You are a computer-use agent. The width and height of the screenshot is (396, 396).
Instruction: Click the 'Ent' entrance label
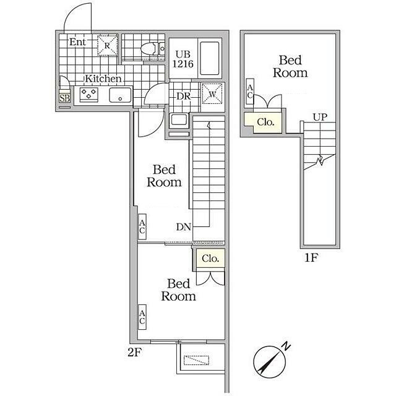click(77, 42)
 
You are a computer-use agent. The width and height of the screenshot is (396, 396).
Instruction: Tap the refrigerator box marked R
click(108, 45)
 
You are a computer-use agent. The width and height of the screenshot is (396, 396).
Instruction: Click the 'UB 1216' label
click(183, 59)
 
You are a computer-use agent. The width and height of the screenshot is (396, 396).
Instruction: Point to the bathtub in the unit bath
click(209, 58)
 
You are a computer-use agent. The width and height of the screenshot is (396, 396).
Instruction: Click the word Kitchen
click(103, 79)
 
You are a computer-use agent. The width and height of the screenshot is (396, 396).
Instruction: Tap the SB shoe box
click(64, 98)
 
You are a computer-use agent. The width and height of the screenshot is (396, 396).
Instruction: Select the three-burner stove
click(89, 94)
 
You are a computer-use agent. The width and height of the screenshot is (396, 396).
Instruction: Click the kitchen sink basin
click(120, 95)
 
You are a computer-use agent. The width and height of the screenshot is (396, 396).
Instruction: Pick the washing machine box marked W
click(212, 94)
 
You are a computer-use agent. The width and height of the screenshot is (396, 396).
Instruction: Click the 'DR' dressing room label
click(184, 96)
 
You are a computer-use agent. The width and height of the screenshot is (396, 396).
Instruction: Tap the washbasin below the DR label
click(179, 119)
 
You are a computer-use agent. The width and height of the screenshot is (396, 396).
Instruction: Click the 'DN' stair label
click(183, 227)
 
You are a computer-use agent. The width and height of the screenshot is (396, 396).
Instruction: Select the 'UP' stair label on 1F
click(321, 117)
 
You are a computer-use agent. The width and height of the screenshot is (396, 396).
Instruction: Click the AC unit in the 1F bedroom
click(250, 91)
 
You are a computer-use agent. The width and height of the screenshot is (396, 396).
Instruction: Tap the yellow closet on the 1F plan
click(264, 123)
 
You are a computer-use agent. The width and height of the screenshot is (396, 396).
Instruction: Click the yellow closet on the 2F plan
click(210, 259)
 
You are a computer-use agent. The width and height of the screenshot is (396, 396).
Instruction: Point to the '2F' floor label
click(134, 352)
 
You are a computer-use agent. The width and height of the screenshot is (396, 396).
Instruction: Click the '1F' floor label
click(311, 257)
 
